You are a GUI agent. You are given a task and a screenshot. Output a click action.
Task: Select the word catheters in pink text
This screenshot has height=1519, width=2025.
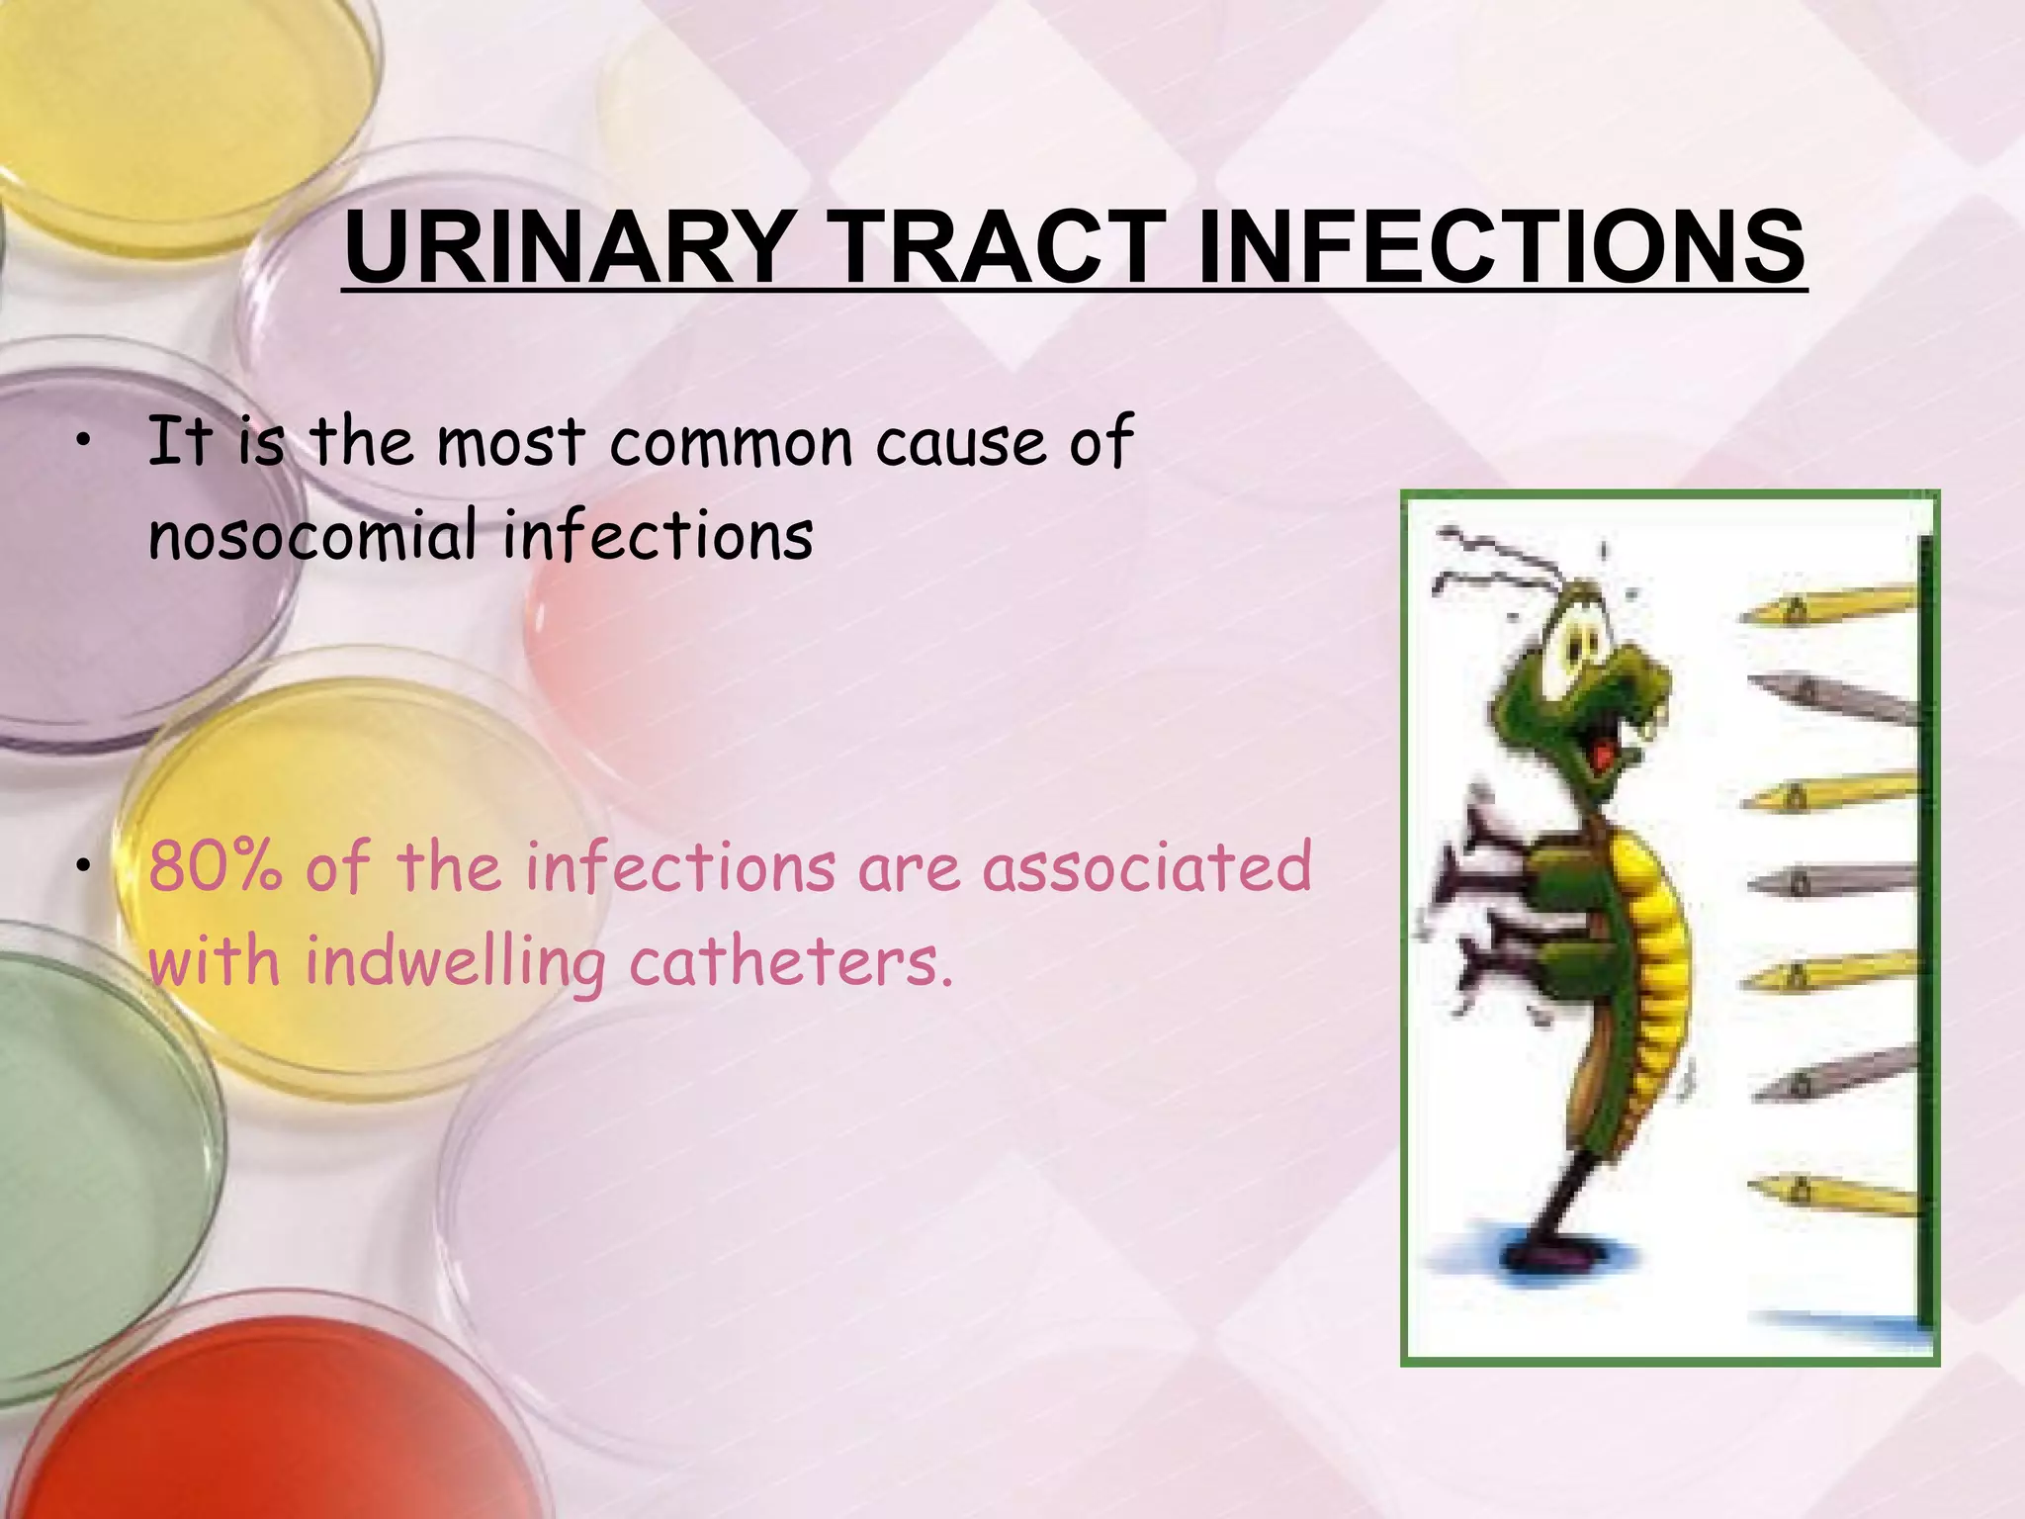tap(791, 961)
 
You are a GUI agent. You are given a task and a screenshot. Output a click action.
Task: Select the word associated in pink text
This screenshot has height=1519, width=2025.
tap(1146, 867)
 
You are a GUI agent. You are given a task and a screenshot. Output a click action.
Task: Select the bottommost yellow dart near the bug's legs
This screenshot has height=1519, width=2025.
tap(1829, 1192)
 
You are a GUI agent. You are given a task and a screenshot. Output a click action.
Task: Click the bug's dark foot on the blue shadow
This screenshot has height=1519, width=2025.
tap(1552, 1256)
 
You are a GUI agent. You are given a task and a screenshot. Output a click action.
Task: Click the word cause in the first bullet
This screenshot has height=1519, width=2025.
tap(959, 442)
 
